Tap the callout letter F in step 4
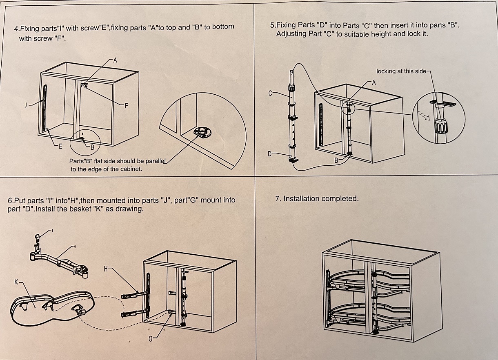127,106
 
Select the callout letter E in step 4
60,147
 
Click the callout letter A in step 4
115,60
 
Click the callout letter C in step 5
270,93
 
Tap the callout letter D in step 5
269,154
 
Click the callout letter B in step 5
337,160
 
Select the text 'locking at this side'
400,71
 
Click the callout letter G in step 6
150,339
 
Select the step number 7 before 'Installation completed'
278,199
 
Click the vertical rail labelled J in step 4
44,106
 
